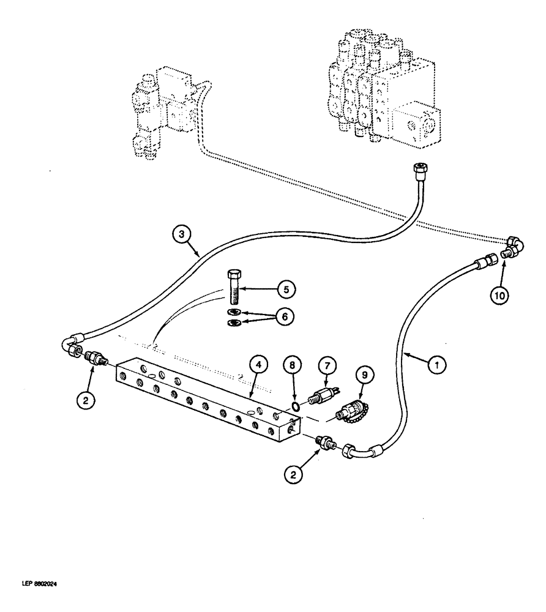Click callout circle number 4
[260, 365]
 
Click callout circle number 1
[436, 365]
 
